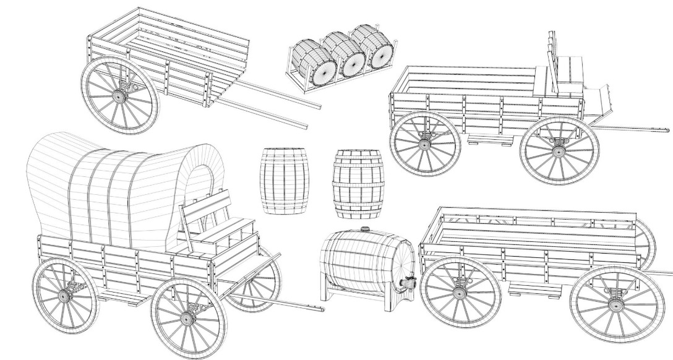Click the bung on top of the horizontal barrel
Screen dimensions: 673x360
point(365,229)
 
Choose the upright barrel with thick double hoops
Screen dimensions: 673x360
point(358,184)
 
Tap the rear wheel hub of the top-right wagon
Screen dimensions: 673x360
point(424,144)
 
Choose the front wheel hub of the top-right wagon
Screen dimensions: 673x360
point(559,150)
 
